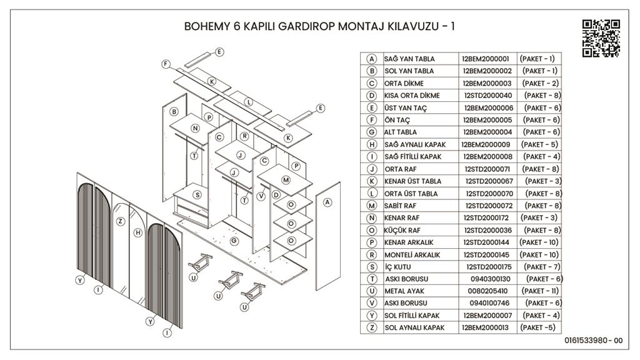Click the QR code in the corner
click(601, 38)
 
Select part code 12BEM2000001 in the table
click(486, 59)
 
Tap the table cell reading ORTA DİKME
click(404, 83)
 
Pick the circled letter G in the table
click(372, 132)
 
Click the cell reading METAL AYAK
click(406, 291)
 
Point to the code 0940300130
click(491, 279)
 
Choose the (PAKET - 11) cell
click(539, 291)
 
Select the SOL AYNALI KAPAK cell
click(414, 328)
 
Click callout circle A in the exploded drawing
click(327, 202)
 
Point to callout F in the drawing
click(166, 64)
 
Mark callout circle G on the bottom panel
click(233, 241)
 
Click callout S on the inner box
click(197, 194)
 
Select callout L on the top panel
click(248, 101)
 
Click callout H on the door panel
click(137, 232)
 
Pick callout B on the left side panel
click(174, 112)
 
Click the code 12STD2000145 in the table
click(487, 255)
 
